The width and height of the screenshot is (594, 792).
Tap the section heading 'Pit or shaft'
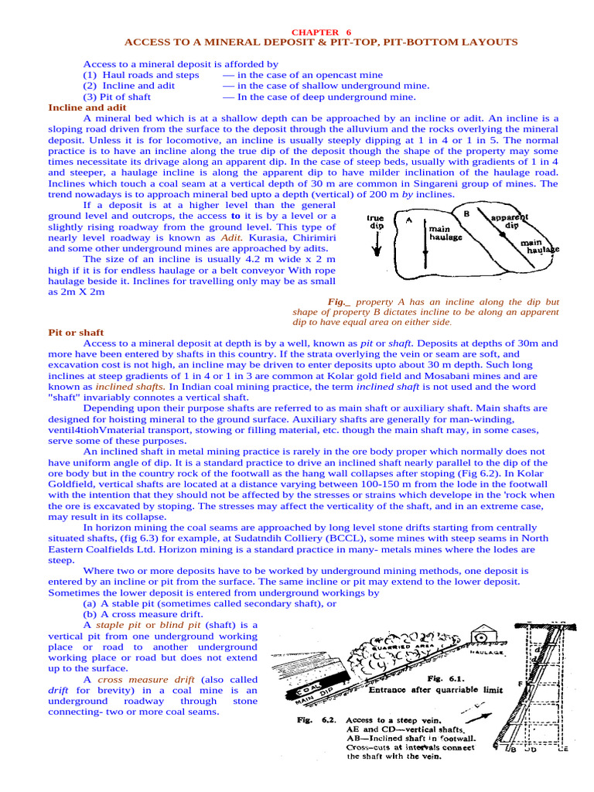pos(76,332)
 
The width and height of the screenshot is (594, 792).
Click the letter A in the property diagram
pos(407,220)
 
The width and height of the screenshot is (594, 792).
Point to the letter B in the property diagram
pos(466,213)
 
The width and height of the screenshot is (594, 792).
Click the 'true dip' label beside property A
pos(376,223)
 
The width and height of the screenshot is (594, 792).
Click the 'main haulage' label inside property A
pos(445,234)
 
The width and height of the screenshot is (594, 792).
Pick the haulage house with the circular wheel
pos(482,637)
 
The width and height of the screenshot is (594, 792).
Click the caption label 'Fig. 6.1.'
pos(445,678)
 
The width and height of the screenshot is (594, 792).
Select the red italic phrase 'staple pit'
pos(118,624)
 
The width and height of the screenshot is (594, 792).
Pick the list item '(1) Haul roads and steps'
pos(141,75)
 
